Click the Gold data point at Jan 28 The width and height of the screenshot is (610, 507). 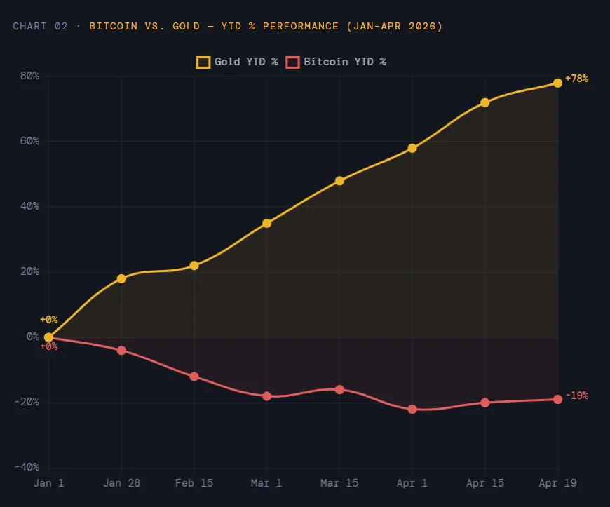click(121, 278)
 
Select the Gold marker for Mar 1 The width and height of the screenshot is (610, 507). click(267, 223)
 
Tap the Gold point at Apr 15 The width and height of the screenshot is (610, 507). click(485, 102)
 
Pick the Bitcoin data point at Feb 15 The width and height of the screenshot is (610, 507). click(194, 377)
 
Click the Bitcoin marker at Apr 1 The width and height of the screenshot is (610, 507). click(412, 409)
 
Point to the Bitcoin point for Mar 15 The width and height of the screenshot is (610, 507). click(339, 389)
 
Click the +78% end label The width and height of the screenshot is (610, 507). click(576, 79)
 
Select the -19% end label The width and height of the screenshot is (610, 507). click(576, 396)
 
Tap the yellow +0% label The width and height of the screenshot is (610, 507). click(49, 320)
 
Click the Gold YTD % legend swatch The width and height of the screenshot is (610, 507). click(203, 62)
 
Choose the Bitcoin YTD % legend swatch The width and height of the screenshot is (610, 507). click(292, 62)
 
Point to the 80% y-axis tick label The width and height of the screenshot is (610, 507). click(29, 76)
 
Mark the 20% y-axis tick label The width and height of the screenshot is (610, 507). click(29, 271)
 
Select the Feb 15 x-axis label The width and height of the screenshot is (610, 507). click(194, 483)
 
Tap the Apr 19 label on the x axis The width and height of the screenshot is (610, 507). click(557, 483)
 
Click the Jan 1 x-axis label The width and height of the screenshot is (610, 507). click(49, 483)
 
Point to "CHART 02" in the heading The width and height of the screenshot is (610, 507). click(41, 26)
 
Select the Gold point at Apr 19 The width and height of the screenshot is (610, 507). click(557, 83)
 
